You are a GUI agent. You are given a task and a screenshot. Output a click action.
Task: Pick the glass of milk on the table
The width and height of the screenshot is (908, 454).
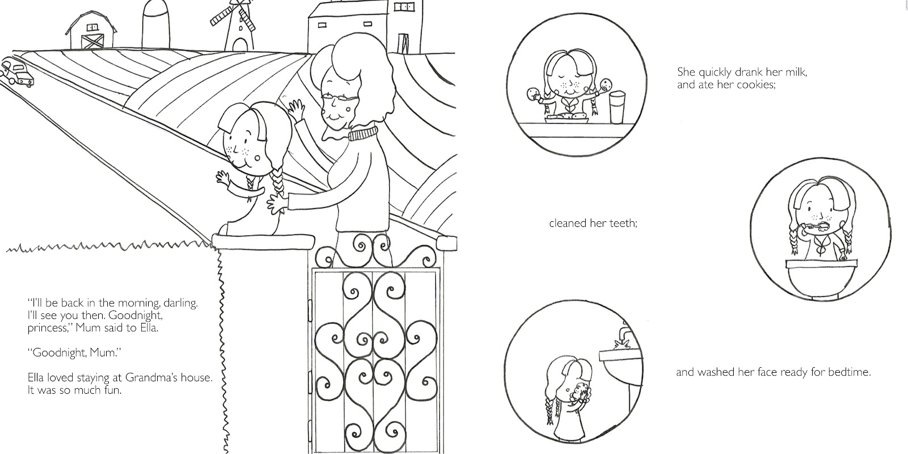click(x=617, y=107)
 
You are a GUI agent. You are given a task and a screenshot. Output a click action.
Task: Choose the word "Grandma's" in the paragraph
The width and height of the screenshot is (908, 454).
click(x=152, y=378)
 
